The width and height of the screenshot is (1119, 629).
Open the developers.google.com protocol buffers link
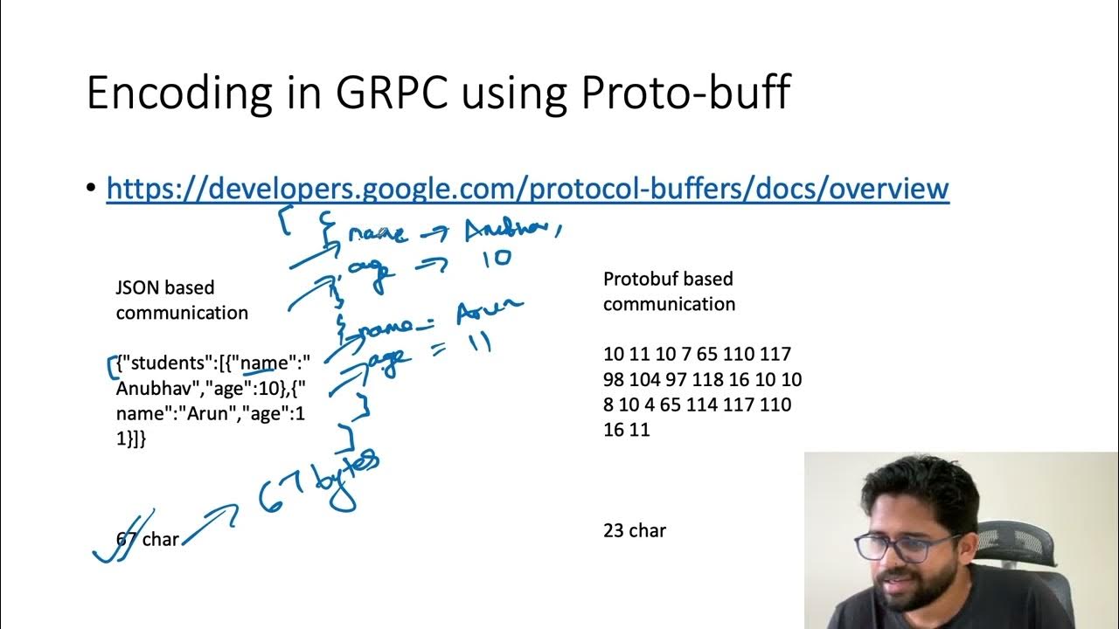(x=527, y=189)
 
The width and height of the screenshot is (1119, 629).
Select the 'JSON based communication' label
(x=181, y=300)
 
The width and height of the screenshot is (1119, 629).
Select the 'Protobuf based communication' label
(x=669, y=291)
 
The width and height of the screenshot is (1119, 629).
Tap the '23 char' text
(x=634, y=530)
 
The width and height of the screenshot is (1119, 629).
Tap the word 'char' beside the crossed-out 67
(x=160, y=540)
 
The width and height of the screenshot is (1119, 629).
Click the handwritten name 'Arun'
(x=489, y=310)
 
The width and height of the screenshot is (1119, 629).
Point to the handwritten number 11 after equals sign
(x=478, y=342)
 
